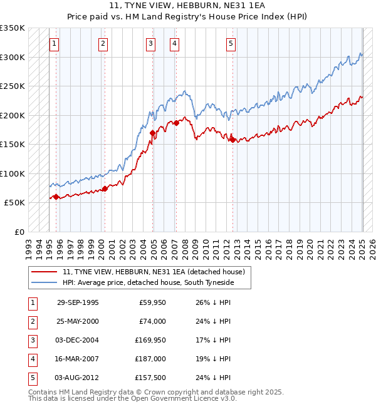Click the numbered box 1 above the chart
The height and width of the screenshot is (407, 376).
coord(55,43)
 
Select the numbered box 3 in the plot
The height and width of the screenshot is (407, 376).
coord(151,43)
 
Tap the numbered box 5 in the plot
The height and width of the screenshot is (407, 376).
coord(231,43)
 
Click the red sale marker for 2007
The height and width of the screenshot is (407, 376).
coord(177,123)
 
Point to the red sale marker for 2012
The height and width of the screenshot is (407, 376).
coord(232,140)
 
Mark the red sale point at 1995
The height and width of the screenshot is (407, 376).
coord(56,197)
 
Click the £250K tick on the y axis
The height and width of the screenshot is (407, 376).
coord(13,86)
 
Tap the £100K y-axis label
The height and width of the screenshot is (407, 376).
coord(13,173)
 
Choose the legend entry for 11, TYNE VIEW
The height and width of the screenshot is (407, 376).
coord(156,272)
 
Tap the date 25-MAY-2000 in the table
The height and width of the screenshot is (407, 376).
coord(78,322)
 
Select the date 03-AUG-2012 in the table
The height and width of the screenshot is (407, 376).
coord(78,378)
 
